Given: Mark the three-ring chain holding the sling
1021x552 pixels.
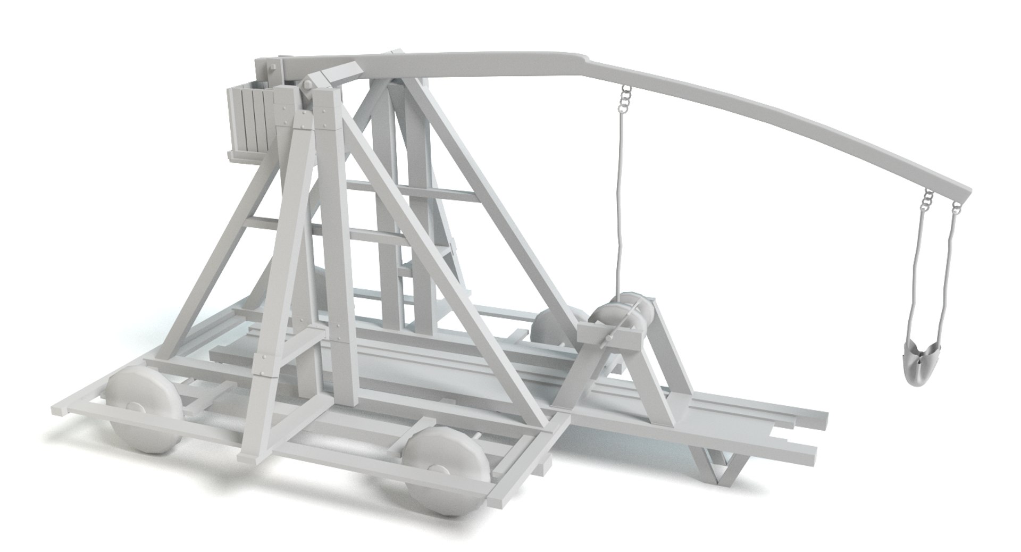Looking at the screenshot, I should tap(928, 200).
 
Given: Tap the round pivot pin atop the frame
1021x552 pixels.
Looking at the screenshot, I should tap(307, 86).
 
